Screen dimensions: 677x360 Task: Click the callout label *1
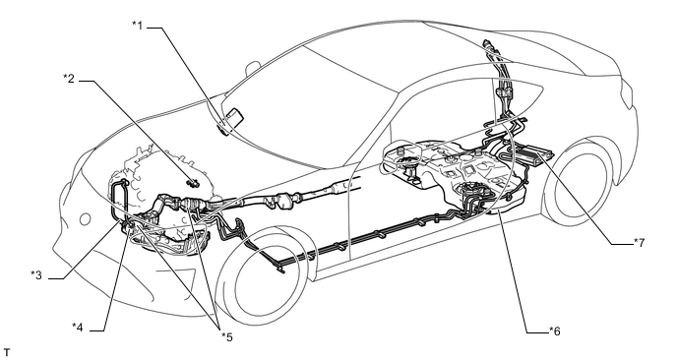138,25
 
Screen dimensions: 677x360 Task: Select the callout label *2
69,79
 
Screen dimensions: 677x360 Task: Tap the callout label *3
36,275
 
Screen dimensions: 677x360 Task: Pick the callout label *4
78,328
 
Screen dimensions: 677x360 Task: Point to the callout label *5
226,336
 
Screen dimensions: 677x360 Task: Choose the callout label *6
554,331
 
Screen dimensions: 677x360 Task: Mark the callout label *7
639,243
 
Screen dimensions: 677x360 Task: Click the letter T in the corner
6,353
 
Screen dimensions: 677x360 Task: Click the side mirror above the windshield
252,69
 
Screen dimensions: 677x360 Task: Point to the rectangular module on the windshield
235,116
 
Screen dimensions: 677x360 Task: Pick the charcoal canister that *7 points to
533,154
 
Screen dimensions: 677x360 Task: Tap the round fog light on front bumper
85,219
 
